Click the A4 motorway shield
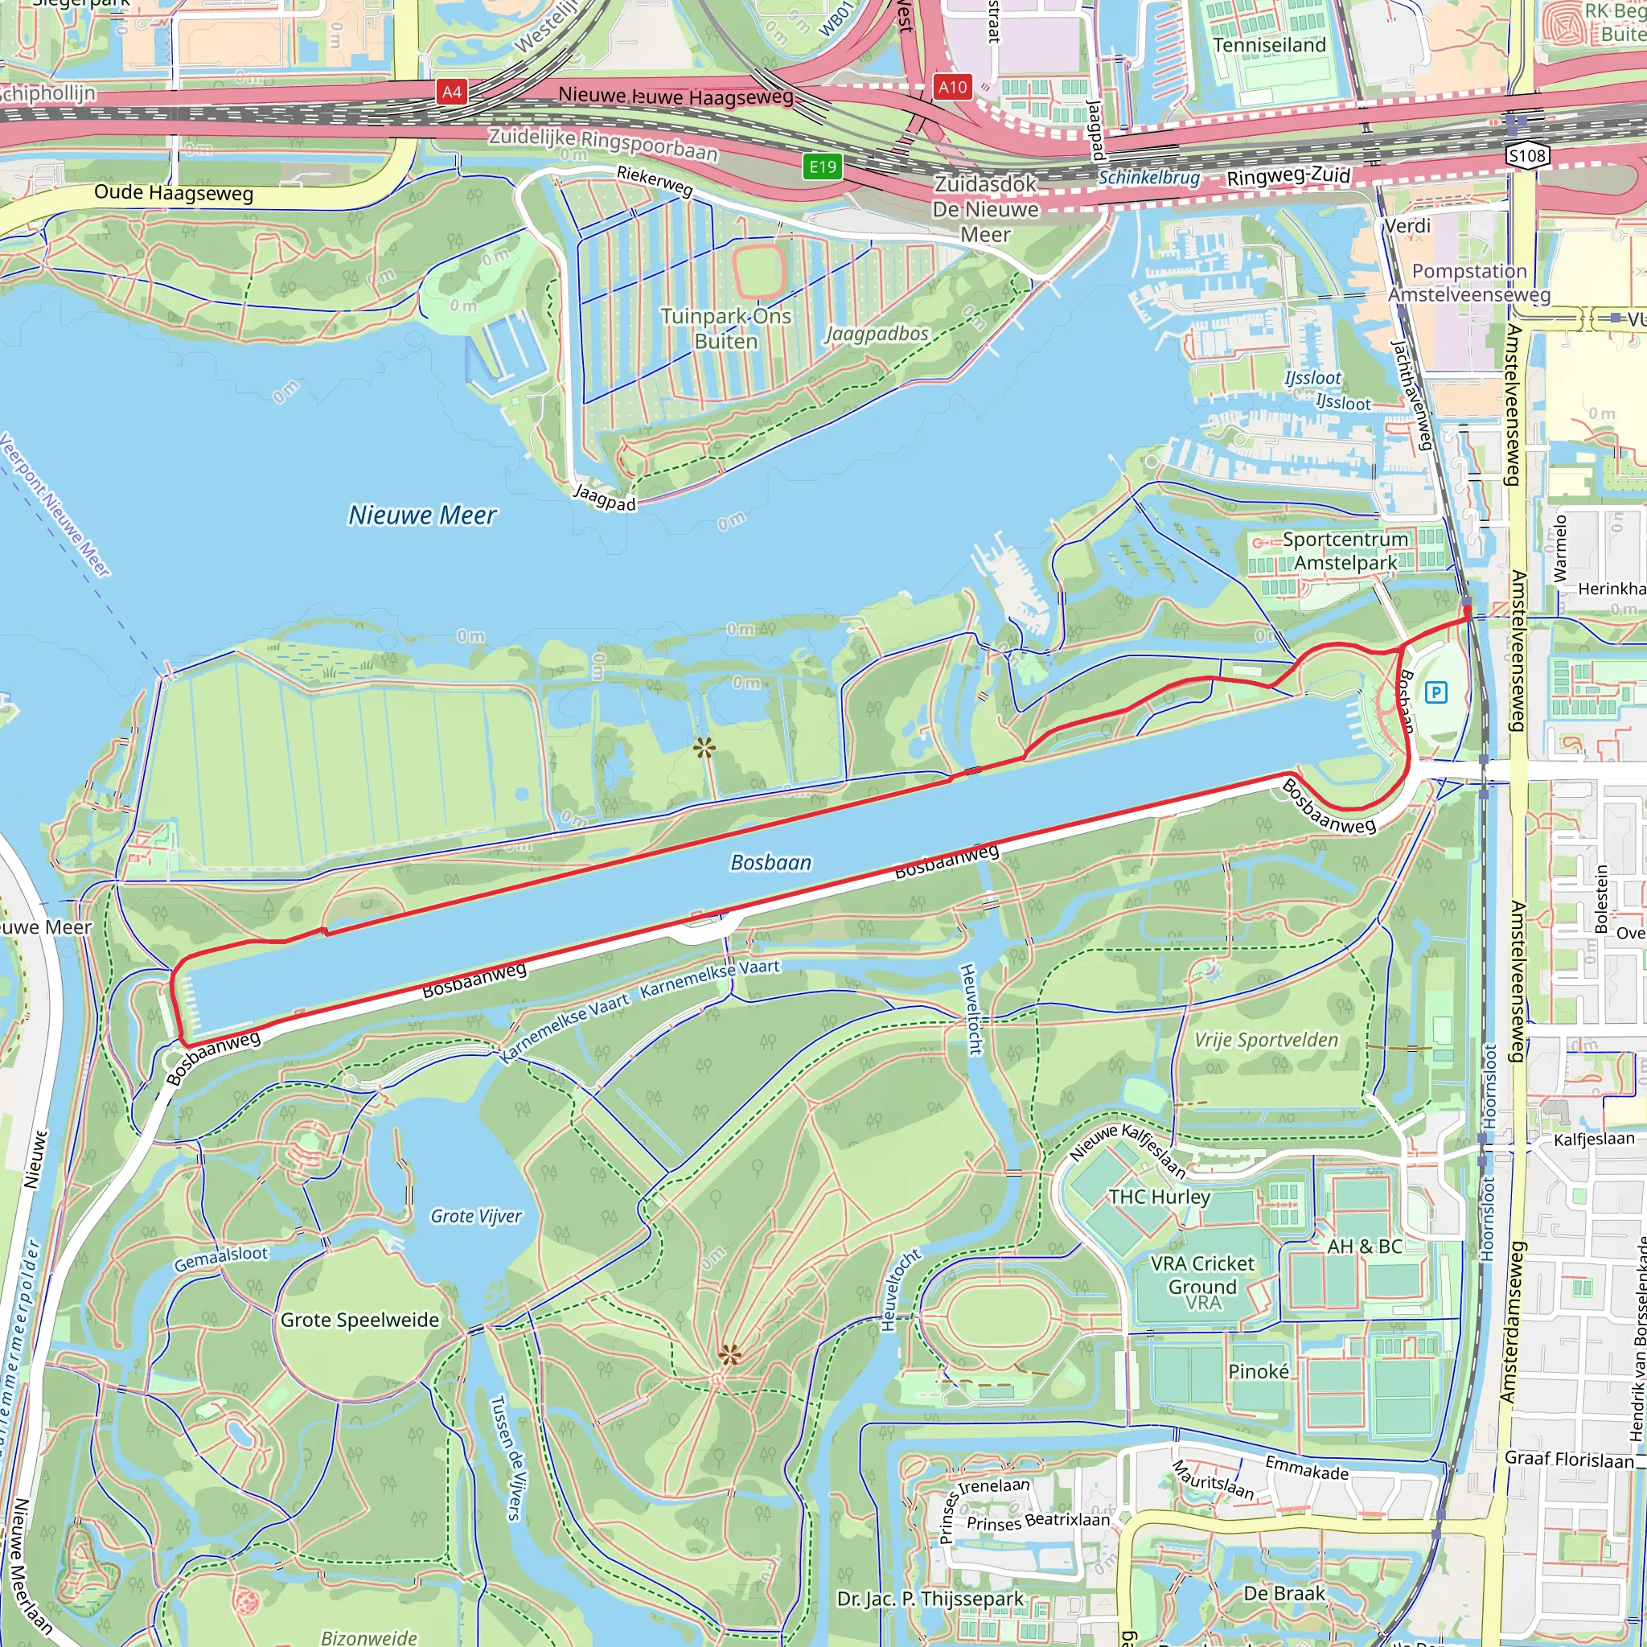(x=452, y=92)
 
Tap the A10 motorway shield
(x=952, y=86)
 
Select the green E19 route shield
(x=822, y=166)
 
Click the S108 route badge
(x=1527, y=155)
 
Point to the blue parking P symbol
(x=1435, y=692)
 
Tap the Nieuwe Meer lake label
(x=422, y=515)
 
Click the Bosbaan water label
(x=770, y=863)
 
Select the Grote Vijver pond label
(x=476, y=1216)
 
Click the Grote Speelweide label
(x=359, y=1320)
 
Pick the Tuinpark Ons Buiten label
(x=725, y=328)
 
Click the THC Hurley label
(x=1159, y=1197)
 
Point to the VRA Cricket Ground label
(x=1202, y=1275)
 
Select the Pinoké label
(x=1259, y=1371)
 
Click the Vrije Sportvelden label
(x=1266, y=1040)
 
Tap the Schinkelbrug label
(x=1148, y=177)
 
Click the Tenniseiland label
(x=1268, y=45)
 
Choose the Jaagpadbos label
(x=877, y=333)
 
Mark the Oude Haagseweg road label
(x=173, y=193)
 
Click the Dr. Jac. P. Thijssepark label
(x=930, y=1599)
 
